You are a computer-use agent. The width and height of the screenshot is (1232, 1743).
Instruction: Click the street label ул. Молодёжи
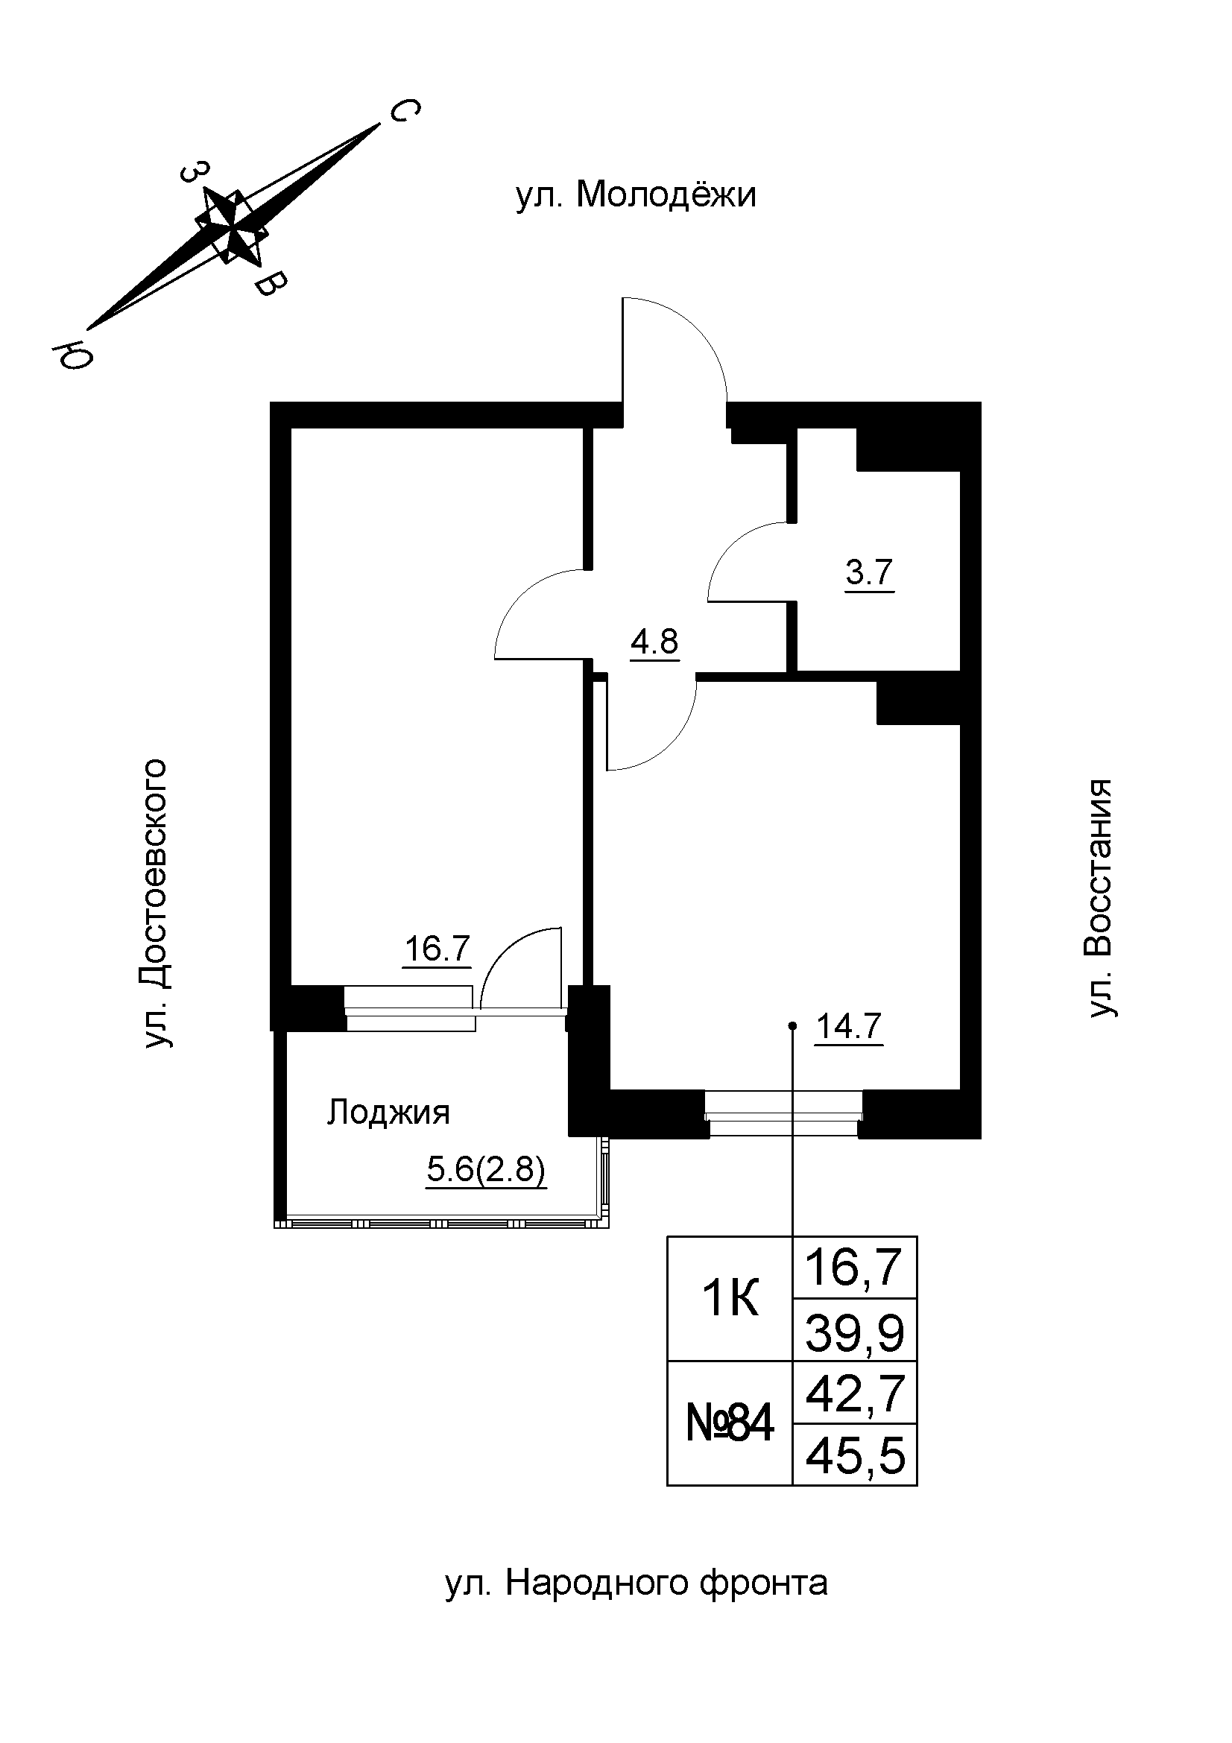[635, 195]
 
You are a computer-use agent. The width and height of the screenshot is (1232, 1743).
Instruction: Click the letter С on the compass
[404, 112]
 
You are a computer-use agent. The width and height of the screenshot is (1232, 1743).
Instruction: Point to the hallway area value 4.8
[654, 642]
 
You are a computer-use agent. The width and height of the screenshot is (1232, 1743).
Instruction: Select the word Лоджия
[388, 1113]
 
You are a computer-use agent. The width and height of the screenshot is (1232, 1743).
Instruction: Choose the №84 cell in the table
[730, 1423]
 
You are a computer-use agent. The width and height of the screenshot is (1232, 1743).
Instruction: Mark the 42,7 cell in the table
[855, 1394]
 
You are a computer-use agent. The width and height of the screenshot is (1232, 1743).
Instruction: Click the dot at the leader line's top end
[792, 1026]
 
